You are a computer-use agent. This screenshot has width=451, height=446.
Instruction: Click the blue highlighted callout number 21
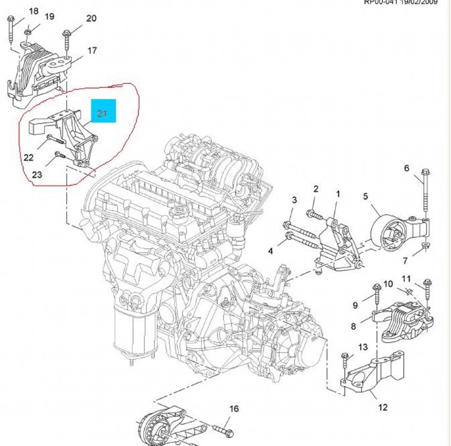[102, 113]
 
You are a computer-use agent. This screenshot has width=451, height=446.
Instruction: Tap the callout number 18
[33, 11]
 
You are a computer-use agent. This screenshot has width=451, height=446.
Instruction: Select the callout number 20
[91, 19]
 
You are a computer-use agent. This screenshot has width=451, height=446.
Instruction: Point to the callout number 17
[93, 51]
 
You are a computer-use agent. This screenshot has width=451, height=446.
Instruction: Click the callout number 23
[37, 175]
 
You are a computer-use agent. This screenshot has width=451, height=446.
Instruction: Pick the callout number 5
[365, 196]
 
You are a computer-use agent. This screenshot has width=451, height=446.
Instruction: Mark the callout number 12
[383, 408]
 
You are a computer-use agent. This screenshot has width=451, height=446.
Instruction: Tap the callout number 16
[234, 409]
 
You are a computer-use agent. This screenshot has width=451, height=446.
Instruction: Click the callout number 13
[363, 347]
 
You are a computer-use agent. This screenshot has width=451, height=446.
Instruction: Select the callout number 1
[337, 194]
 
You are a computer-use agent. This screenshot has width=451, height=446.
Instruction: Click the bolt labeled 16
[222, 430]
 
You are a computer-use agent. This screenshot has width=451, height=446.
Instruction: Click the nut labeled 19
[29, 29]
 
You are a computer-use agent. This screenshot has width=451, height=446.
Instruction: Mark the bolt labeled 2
[316, 213]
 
